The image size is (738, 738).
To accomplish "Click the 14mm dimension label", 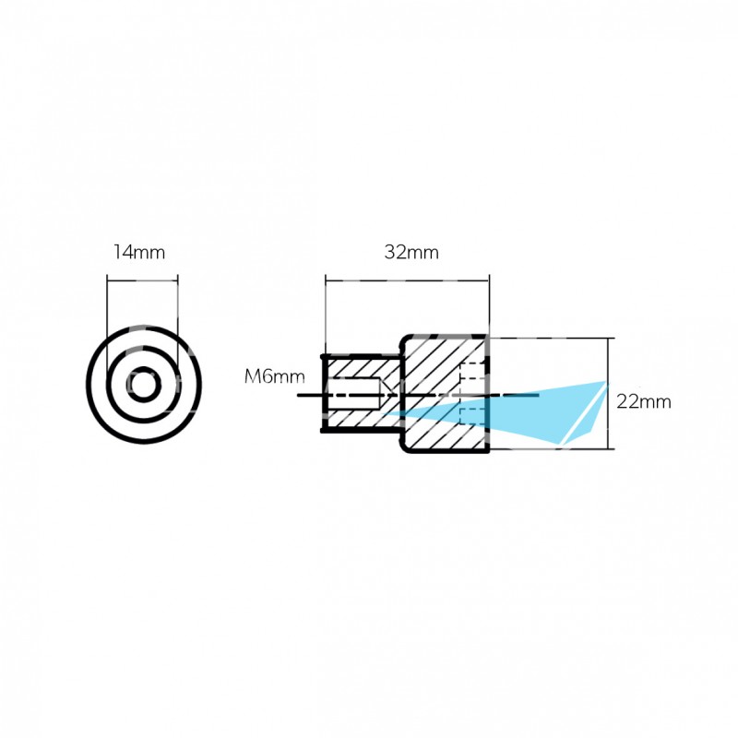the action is (x=139, y=252).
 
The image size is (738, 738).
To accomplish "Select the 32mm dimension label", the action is (x=411, y=252).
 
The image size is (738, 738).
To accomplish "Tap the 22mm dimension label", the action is (x=643, y=402).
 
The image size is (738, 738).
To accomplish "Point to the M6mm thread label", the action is (x=274, y=376).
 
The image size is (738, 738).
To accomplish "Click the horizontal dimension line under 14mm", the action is (x=142, y=281).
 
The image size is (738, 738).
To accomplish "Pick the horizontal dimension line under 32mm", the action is (x=407, y=281).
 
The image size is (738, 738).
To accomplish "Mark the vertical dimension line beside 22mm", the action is (x=609, y=394).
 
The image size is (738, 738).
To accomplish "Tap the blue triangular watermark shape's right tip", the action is (x=606, y=382).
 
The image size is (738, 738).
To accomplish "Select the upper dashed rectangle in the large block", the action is (x=472, y=371).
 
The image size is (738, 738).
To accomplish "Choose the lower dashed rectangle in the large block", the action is (x=472, y=417).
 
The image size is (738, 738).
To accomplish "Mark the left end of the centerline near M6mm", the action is (x=298, y=396).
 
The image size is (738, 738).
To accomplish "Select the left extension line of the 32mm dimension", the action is (x=326, y=315).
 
